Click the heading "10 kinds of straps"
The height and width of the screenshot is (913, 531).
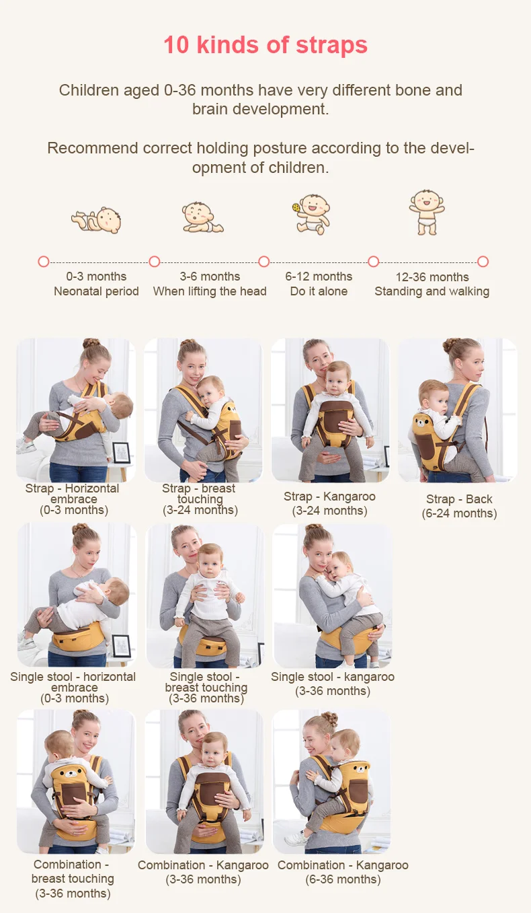[x=265, y=45]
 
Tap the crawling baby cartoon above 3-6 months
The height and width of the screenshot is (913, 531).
[x=202, y=217]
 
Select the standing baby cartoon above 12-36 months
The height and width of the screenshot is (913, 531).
[x=427, y=213]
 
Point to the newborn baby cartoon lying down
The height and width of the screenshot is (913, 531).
[x=97, y=220]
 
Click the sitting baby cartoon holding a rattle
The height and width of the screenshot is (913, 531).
[x=312, y=215]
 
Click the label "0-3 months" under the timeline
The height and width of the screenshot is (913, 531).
[x=97, y=277]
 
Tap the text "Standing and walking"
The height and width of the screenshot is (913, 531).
[x=432, y=291]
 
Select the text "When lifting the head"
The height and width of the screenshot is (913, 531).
[x=210, y=291]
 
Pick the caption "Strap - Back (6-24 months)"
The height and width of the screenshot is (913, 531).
[x=459, y=506]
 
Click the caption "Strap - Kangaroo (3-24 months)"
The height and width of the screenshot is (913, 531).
[x=329, y=503]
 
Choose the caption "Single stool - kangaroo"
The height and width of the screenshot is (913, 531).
[x=333, y=677]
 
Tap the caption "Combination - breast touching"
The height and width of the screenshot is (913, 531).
[x=73, y=871]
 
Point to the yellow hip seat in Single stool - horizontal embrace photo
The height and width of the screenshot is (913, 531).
[x=78, y=636]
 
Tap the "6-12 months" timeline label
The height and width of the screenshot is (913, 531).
[x=319, y=277]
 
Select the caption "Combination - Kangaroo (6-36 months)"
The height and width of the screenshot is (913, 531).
[x=343, y=872]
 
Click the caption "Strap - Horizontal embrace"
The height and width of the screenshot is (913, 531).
[x=73, y=494]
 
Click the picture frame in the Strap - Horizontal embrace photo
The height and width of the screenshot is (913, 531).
[x=122, y=453]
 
